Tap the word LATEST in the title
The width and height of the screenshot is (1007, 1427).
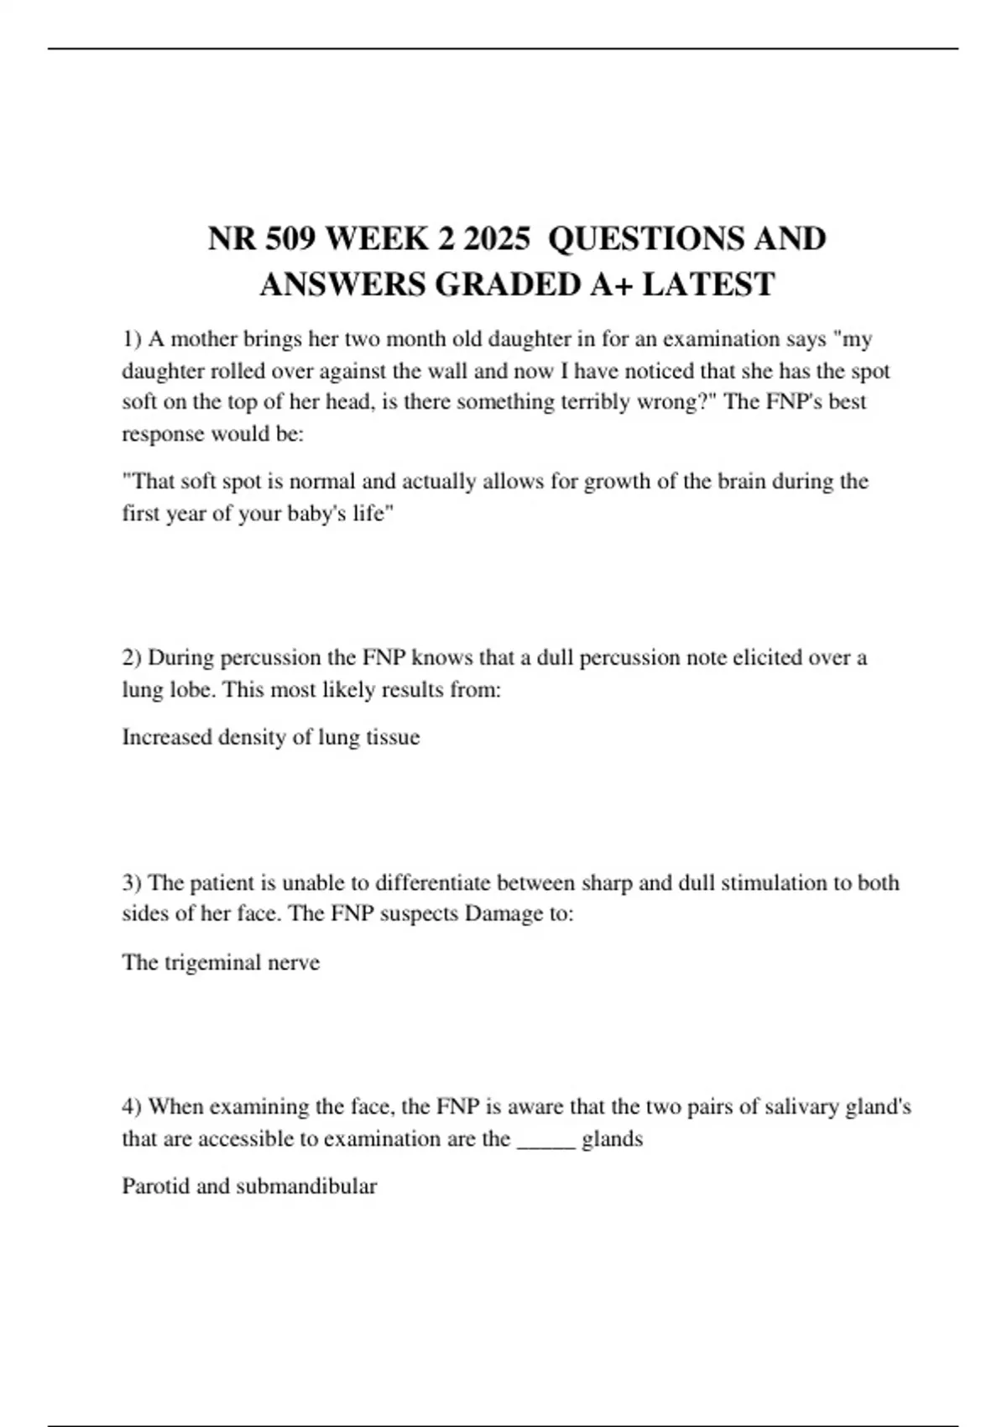[x=708, y=285]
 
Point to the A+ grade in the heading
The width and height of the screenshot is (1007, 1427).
[x=611, y=285]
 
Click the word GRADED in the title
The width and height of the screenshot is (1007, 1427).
[x=507, y=285]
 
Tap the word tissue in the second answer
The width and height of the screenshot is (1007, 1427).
[x=393, y=737]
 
